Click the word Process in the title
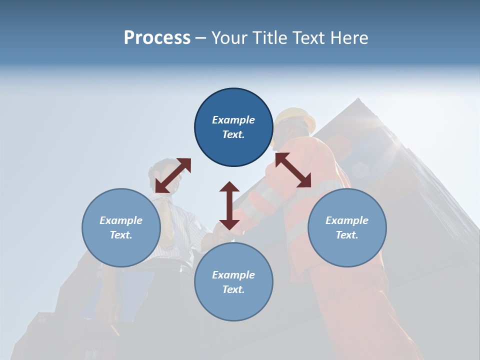[x=157, y=37]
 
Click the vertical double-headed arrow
[x=229, y=205]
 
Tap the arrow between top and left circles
[x=173, y=175]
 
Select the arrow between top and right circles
[x=293, y=170]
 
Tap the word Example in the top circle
[x=233, y=120]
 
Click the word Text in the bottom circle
[x=233, y=289]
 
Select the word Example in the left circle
[x=121, y=220]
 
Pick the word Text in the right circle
[x=347, y=235]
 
